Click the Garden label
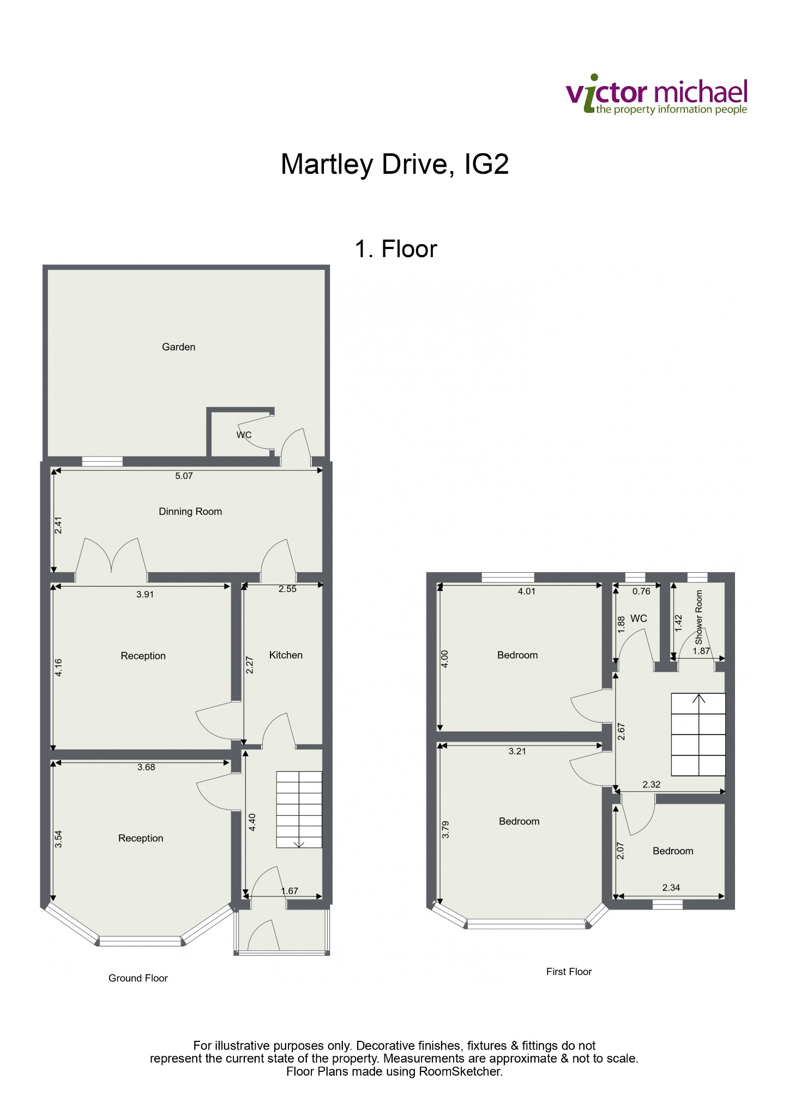click(178, 347)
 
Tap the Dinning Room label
click(190, 512)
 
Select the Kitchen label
click(286, 655)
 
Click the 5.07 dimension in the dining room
click(184, 476)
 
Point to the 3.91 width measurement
click(145, 595)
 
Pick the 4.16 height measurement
click(59, 668)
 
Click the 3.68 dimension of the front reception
click(146, 767)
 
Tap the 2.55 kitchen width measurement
click(287, 589)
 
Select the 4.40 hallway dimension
click(252, 822)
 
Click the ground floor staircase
click(299, 809)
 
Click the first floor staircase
click(698, 734)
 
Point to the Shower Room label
click(699, 617)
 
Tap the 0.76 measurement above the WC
click(641, 591)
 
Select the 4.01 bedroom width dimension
click(527, 591)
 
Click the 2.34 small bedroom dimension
click(671, 888)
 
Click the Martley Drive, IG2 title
click(395, 164)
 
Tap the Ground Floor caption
click(138, 978)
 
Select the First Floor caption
click(569, 972)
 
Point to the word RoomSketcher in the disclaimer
click(460, 1071)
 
